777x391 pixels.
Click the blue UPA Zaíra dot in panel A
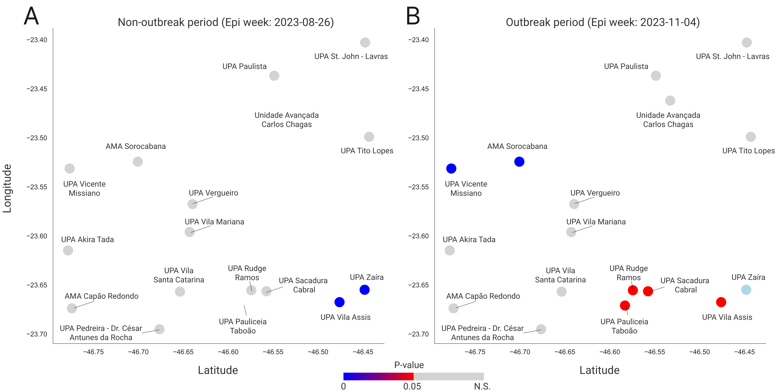364,290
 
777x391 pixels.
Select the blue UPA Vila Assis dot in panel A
339,302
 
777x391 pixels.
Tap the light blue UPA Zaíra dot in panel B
746,290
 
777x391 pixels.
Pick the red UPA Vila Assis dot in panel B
721,302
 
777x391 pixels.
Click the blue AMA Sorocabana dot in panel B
519,162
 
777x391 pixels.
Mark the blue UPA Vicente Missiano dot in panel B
451,168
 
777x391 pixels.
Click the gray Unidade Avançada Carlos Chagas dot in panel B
670,100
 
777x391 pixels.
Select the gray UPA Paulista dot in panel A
274,76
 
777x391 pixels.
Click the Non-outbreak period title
226,22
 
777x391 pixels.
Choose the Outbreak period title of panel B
603,22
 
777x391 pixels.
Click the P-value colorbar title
409,365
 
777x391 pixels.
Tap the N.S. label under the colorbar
482,386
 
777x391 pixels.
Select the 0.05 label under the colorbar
412,386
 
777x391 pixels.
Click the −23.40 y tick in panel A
37,40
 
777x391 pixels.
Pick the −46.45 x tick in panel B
744,352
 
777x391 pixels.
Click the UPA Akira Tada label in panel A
87,239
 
